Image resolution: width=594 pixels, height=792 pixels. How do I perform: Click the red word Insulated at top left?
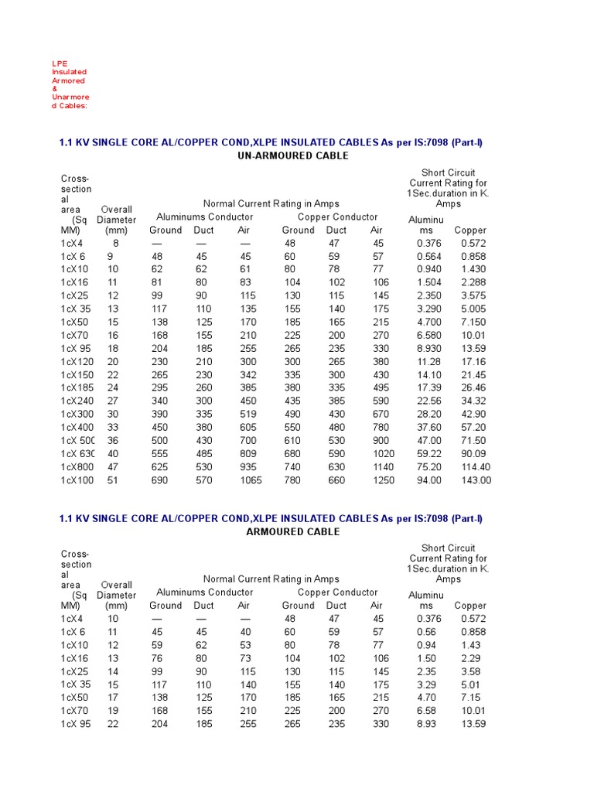69,72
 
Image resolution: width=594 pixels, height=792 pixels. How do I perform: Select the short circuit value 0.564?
429,256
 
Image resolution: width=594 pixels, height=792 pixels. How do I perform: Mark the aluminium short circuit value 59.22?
429,454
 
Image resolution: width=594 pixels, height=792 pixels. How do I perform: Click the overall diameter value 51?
113,480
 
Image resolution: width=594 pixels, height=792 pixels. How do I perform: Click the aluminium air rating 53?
245,645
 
